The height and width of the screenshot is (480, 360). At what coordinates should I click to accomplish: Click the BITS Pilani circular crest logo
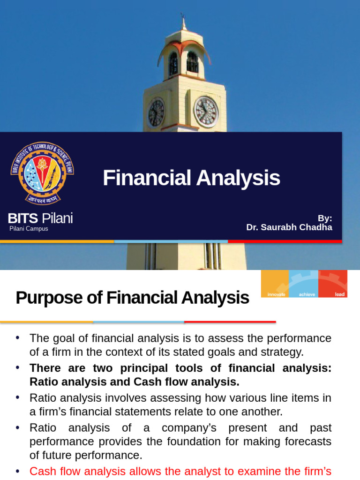click(42, 173)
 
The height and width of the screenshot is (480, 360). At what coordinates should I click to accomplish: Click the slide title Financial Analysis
click(191, 178)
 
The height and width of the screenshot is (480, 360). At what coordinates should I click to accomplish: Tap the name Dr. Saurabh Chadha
click(289, 227)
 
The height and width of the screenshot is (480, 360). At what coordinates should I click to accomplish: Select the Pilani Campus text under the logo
click(29, 229)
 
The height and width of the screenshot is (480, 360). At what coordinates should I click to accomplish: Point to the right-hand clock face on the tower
click(206, 112)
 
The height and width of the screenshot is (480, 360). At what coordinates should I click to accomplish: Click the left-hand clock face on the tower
click(156, 112)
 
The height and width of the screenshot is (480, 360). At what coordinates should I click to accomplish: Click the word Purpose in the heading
click(49, 298)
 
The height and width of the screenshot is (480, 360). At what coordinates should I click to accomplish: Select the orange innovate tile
click(275, 284)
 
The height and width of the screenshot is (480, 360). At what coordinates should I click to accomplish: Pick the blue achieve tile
click(303, 284)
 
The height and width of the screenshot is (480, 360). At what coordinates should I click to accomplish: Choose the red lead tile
click(333, 284)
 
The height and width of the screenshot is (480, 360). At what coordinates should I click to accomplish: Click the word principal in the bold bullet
click(144, 368)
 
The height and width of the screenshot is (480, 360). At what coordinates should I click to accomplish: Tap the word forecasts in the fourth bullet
click(308, 442)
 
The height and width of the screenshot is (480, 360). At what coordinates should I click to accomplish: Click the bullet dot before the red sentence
click(18, 471)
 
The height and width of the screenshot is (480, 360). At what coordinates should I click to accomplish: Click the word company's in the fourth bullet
click(189, 428)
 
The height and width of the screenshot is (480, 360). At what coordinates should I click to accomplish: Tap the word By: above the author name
click(325, 218)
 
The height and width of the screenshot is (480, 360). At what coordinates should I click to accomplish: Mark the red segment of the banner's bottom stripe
click(285, 241)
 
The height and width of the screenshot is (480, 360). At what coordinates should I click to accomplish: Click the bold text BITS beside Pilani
click(27, 218)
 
